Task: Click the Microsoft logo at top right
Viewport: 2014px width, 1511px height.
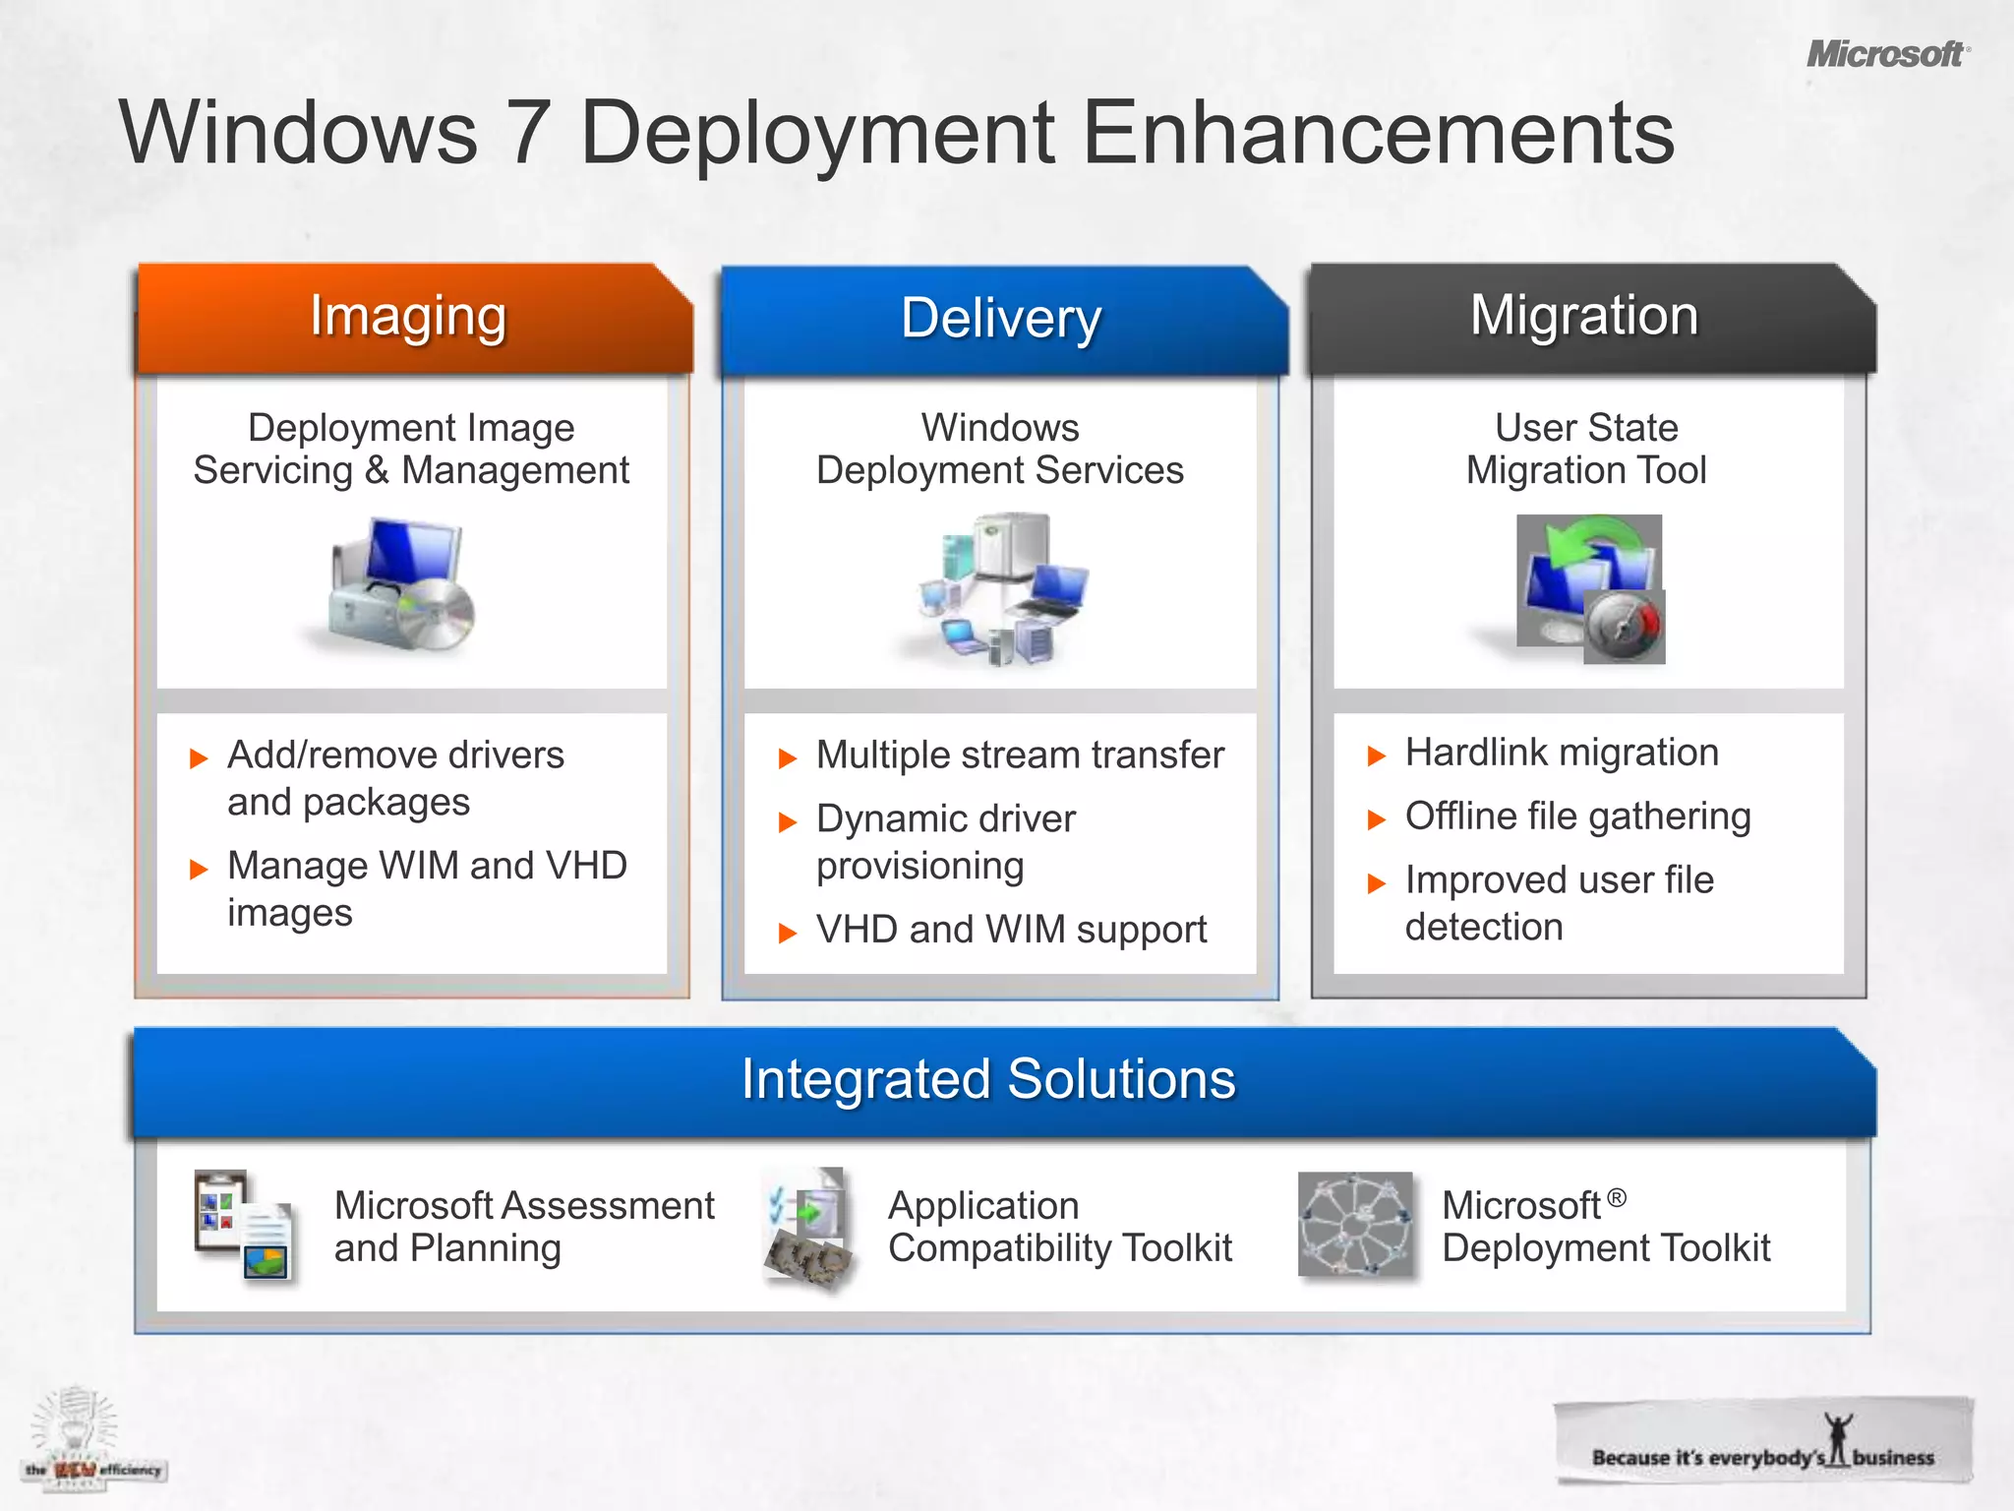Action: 1886,54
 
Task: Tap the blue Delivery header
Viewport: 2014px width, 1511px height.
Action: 1001,319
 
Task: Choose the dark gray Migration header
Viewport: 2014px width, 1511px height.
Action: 1584,316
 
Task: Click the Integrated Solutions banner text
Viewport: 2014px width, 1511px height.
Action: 988,1079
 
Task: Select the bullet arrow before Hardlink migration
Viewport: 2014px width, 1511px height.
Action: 1377,755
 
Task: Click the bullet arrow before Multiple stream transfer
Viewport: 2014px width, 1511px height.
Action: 787,758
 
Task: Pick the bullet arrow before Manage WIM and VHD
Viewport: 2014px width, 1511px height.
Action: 199,869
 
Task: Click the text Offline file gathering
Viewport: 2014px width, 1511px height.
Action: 1577,816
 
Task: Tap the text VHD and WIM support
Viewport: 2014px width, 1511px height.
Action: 1011,930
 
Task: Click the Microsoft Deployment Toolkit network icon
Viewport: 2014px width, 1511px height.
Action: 1355,1225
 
